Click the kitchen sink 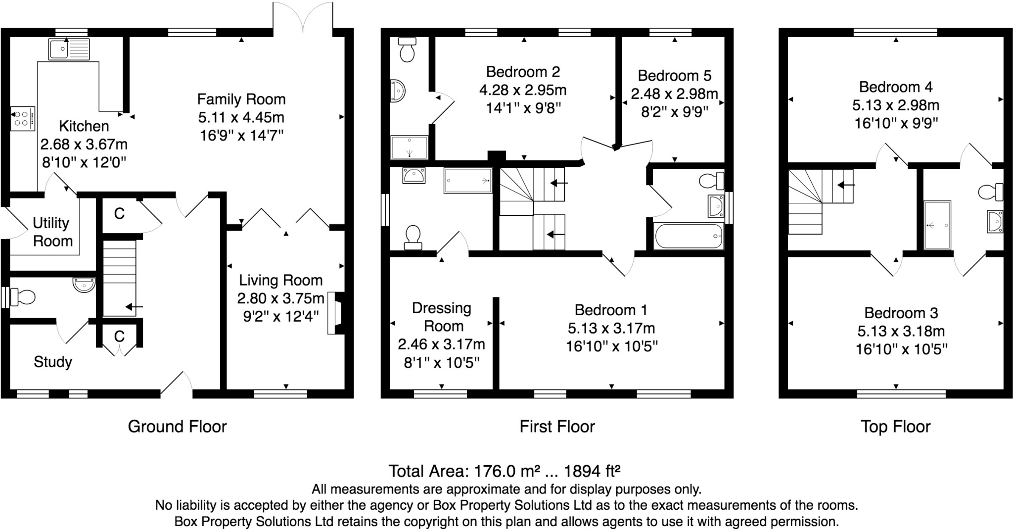point(69,49)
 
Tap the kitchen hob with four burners point(23,118)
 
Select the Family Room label point(241,99)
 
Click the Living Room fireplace point(336,313)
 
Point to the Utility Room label point(52,232)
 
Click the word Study point(52,362)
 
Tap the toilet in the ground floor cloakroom point(23,297)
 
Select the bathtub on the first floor point(689,237)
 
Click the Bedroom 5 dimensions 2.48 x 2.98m point(674,94)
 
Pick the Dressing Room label point(442,317)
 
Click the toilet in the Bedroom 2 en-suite point(407,49)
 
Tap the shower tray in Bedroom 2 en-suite point(409,147)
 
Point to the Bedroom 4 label point(896,87)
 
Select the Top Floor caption point(896,427)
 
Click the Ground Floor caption point(177,427)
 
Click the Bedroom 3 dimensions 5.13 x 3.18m point(901,331)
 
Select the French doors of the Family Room point(303,17)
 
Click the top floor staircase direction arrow point(846,186)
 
